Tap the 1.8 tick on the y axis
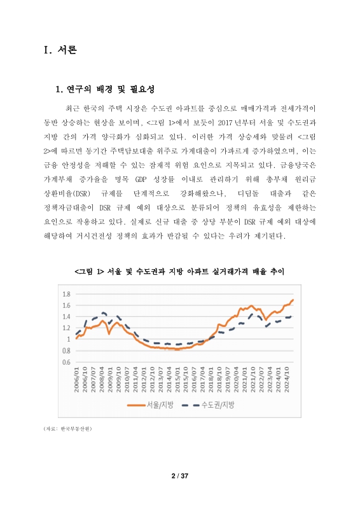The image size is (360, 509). pos(66,294)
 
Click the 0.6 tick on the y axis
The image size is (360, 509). pos(66,362)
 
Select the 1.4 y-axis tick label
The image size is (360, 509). pos(66,317)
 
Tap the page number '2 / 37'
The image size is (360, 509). pos(180,475)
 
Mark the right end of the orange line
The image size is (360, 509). pos(293,300)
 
